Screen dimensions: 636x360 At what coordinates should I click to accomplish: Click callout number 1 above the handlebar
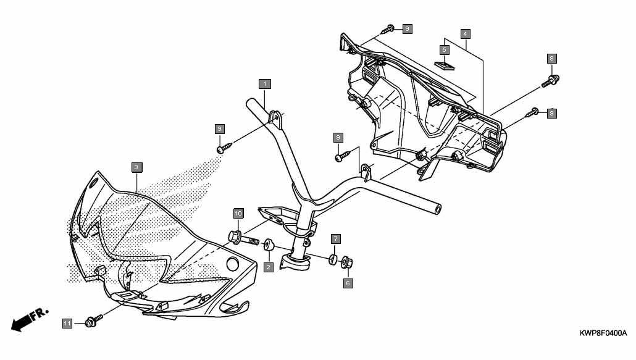point(265,84)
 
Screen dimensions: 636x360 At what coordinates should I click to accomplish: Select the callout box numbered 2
point(268,267)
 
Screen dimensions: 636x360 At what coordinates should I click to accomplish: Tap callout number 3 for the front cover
point(137,167)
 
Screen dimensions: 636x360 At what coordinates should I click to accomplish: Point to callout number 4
point(465,33)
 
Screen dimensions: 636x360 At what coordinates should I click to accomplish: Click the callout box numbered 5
point(445,50)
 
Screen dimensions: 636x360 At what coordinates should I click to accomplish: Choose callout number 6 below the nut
point(348,283)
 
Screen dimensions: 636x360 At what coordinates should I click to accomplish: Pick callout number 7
point(335,239)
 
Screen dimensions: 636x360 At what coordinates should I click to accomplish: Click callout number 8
point(551,59)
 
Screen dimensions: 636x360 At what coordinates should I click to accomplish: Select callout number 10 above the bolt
point(238,214)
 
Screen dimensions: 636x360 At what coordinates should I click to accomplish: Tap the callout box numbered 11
point(67,324)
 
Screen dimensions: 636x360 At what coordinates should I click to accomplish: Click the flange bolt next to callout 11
point(94,321)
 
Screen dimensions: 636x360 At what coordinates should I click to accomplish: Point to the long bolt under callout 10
point(243,238)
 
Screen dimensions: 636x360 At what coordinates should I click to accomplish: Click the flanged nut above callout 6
point(347,262)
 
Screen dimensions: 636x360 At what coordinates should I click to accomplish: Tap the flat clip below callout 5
point(445,65)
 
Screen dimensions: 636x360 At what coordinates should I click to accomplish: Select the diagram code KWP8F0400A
point(603,333)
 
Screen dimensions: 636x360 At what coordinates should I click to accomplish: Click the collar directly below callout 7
point(333,259)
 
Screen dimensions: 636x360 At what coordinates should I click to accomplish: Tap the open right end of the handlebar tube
point(438,209)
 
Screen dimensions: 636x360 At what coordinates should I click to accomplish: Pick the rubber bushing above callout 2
point(268,245)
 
